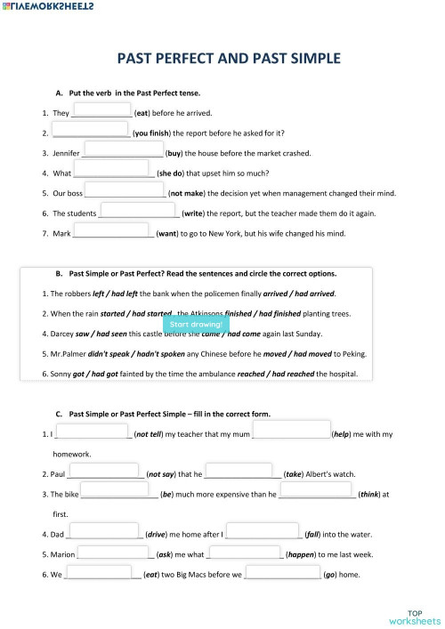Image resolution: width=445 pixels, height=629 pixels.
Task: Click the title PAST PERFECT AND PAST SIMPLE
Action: tap(229, 59)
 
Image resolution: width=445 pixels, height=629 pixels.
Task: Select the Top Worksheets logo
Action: tap(414, 617)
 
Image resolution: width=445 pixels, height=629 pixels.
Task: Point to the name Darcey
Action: tap(59, 334)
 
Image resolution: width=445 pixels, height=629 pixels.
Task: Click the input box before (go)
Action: tap(282, 572)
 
